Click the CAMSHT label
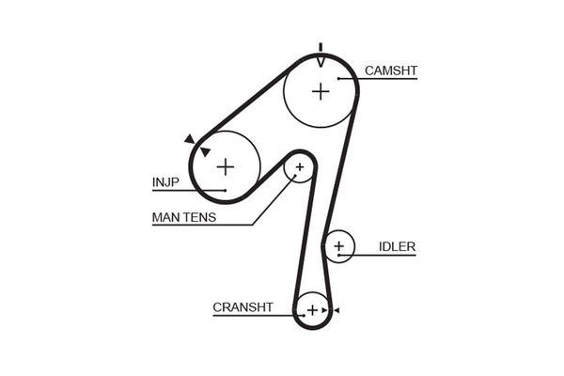click(390, 70)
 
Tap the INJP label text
click(165, 181)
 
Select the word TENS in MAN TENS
click(199, 218)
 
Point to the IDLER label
click(397, 247)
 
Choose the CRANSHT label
click(243, 306)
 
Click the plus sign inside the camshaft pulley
click(321, 91)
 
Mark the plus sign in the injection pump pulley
click(225, 166)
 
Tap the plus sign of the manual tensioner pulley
click(300, 169)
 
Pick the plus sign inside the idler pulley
click(339, 248)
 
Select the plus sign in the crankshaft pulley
click(311, 309)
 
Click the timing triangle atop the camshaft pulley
click(321, 60)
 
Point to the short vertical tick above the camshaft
click(321, 46)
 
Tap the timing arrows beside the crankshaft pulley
click(330, 309)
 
